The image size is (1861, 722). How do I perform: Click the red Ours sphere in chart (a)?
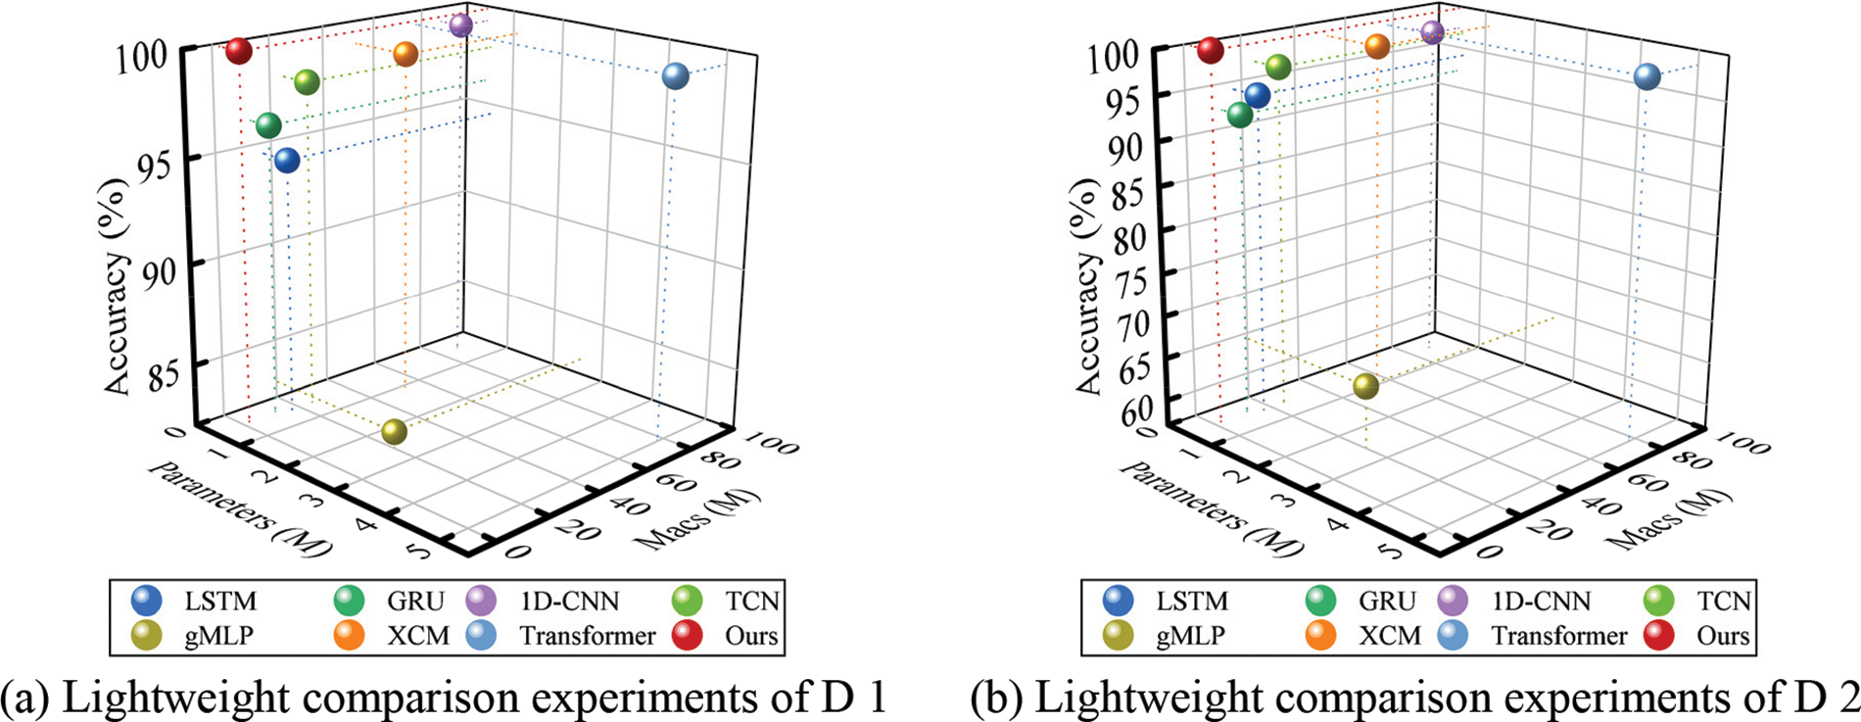click(x=239, y=50)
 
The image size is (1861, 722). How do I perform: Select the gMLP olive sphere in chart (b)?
click(x=1365, y=386)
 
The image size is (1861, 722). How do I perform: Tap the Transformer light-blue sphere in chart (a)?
click(x=675, y=75)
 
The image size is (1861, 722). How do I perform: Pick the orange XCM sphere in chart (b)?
click(x=1377, y=46)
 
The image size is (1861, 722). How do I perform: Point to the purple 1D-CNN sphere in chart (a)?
click(x=461, y=25)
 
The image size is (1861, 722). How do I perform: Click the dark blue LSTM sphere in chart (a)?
click(x=287, y=160)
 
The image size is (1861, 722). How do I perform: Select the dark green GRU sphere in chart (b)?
click(x=1240, y=115)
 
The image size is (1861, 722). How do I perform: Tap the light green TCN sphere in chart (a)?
click(x=307, y=82)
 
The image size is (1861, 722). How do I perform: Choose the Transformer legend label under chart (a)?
click(x=587, y=636)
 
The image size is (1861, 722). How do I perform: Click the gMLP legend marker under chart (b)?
click(x=1117, y=635)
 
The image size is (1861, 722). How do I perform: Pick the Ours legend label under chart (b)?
click(x=1722, y=636)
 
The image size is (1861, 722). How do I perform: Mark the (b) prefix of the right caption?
click(x=997, y=698)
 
